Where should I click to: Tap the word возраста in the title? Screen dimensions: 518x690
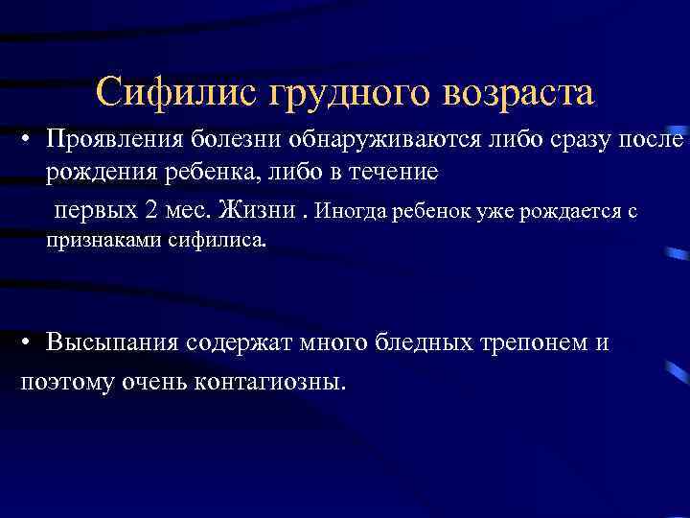(x=517, y=94)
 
